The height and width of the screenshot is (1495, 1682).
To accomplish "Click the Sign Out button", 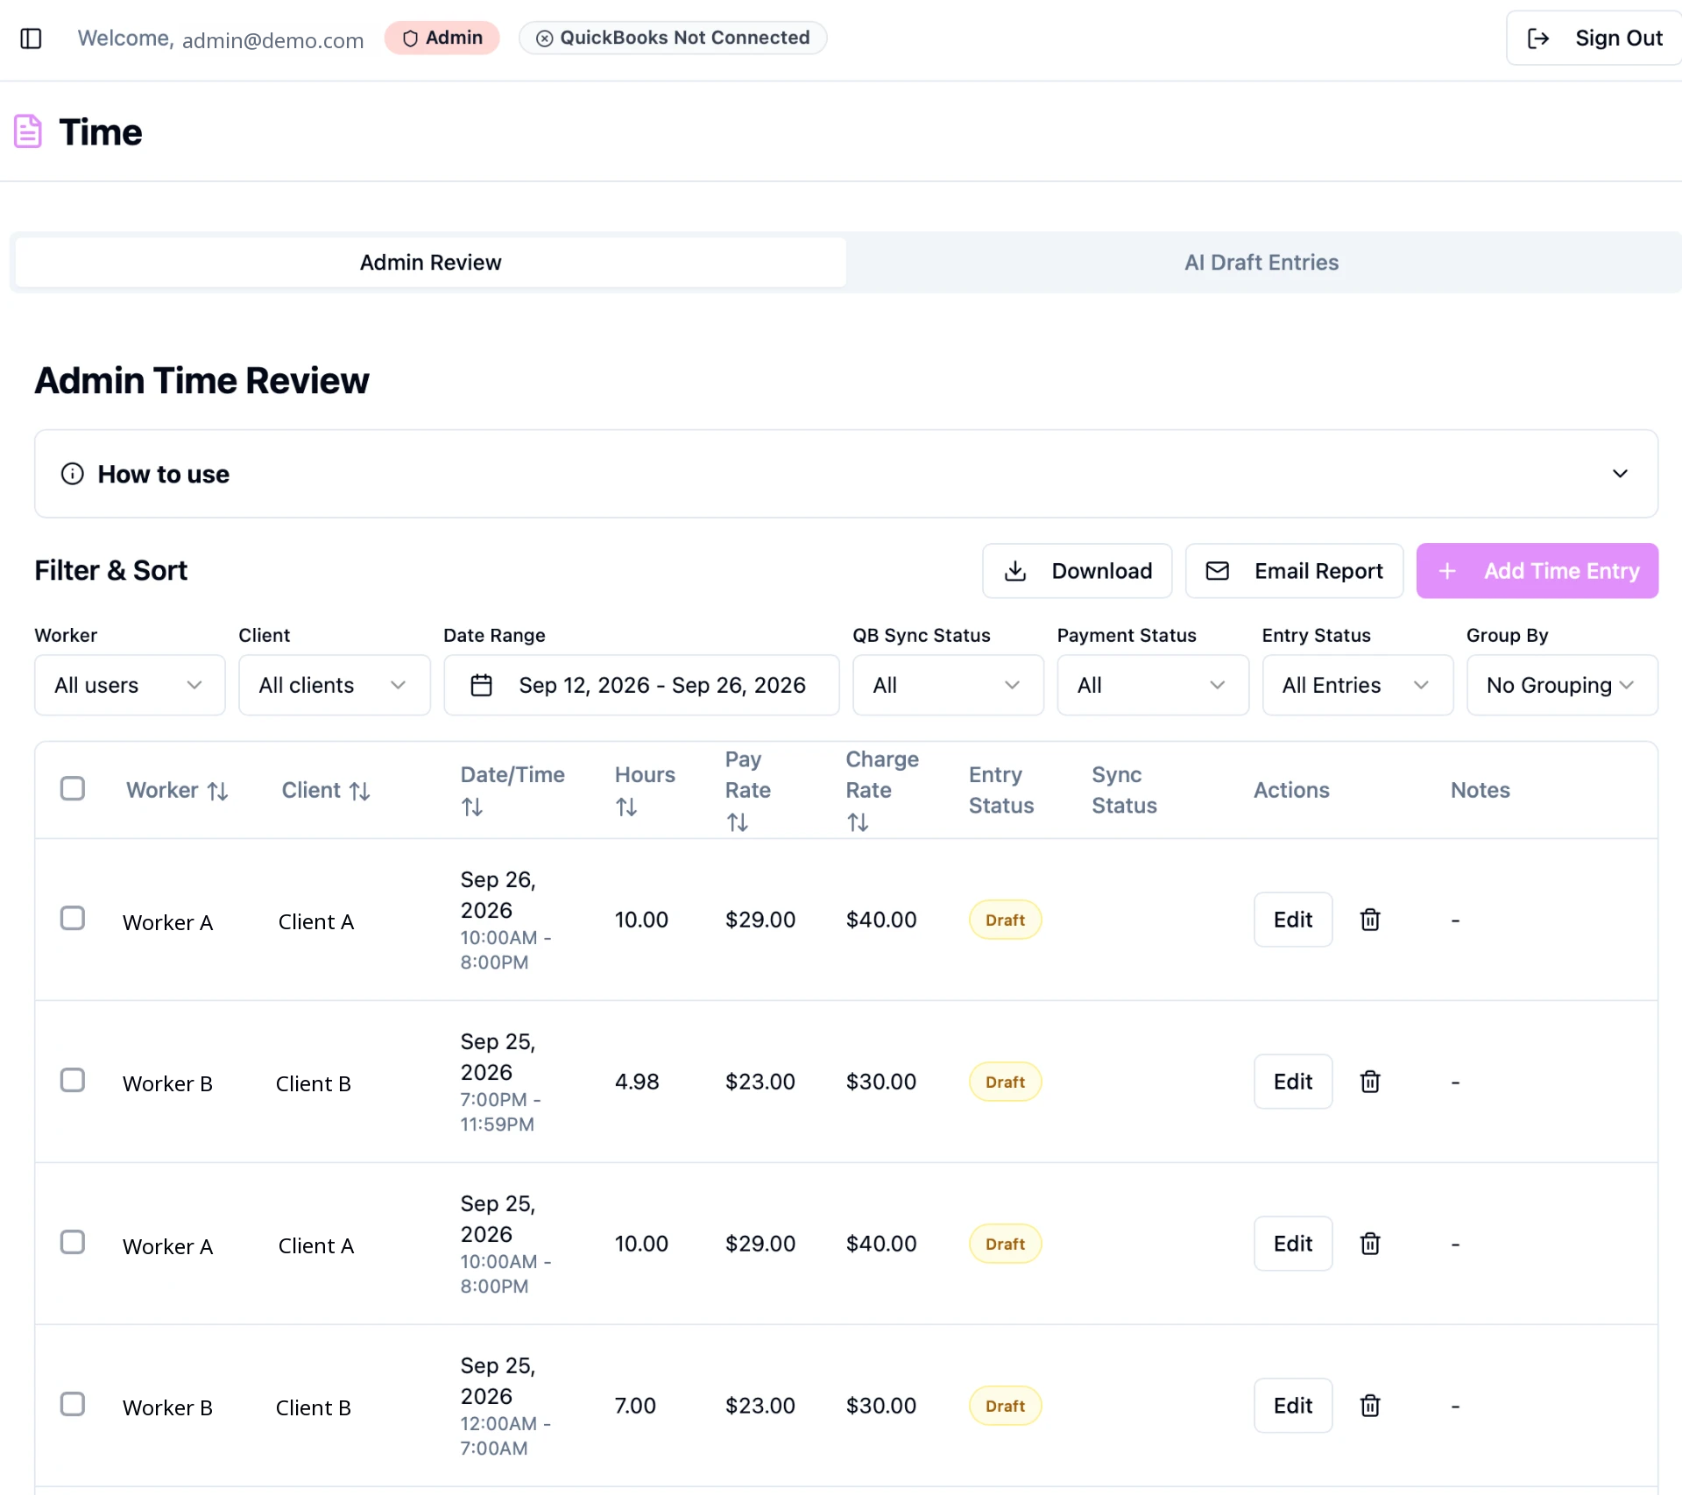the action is pyautogui.click(x=1594, y=39).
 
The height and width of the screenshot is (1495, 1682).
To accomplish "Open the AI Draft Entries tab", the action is pyautogui.click(x=1261, y=263).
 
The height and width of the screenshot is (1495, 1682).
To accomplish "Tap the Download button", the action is pyautogui.click(x=1077, y=571).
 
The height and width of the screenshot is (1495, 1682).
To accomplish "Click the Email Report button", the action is pyautogui.click(x=1294, y=571).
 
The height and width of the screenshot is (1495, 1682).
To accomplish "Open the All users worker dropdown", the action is pyautogui.click(x=130, y=685).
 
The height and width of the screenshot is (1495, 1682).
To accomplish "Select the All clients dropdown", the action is pyautogui.click(x=334, y=685).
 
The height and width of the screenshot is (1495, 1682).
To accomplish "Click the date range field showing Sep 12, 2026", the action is pyautogui.click(x=641, y=685).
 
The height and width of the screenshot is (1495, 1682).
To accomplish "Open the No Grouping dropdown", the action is pyautogui.click(x=1562, y=685).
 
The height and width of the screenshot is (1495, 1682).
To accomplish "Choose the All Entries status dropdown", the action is pyautogui.click(x=1357, y=685).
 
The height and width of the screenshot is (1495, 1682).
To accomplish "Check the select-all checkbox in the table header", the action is pyautogui.click(x=73, y=788).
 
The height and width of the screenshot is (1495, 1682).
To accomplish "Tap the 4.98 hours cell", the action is pyautogui.click(x=637, y=1082).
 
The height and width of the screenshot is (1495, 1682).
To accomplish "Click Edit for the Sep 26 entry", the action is pyautogui.click(x=1293, y=920).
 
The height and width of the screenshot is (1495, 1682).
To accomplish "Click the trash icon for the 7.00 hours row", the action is pyautogui.click(x=1370, y=1406).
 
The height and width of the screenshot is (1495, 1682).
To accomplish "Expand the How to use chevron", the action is pyautogui.click(x=1620, y=474).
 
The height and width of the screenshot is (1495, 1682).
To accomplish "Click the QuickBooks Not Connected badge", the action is pyautogui.click(x=673, y=38).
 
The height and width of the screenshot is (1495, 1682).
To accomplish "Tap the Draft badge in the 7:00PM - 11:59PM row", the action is pyautogui.click(x=1005, y=1082).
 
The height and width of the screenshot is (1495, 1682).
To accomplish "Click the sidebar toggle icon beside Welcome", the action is pyautogui.click(x=31, y=39).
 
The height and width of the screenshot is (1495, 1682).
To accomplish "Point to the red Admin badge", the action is pyautogui.click(x=442, y=38).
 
